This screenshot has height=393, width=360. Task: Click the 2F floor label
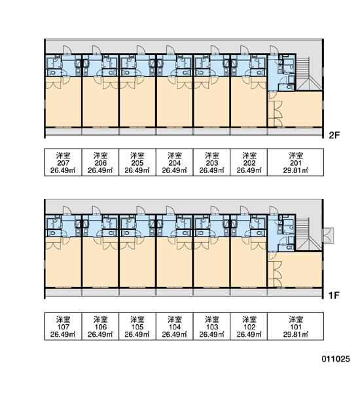[x=334, y=136]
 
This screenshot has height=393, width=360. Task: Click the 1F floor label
[x=334, y=295]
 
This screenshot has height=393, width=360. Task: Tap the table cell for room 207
[x=63, y=162]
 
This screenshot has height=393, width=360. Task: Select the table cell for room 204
[x=175, y=162]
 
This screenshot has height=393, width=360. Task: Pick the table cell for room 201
[x=296, y=162]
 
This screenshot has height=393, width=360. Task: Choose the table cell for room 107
[x=63, y=326]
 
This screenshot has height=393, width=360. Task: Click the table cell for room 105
[x=137, y=326]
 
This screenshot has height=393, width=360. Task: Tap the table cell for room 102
[x=249, y=326]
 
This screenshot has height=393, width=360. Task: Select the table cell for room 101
[x=296, y=326]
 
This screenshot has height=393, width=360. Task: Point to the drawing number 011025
[x=335, y=359]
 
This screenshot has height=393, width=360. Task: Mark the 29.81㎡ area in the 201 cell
[x=296, y=170]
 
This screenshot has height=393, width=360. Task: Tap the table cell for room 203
[x=211, y=162]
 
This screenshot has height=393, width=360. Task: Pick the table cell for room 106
[x=100, y=326]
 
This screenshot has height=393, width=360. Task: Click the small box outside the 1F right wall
[x=328, y=235]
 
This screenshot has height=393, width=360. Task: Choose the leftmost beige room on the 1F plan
[x=63, y=263]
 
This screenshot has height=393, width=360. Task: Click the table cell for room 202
[x=249, y=162]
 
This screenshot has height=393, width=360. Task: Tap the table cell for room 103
[x=211, y=326]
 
